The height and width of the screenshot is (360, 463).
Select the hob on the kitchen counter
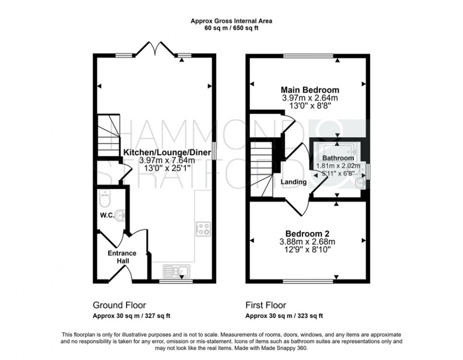click(203, 229)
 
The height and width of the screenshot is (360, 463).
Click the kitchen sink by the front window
click(176, 271)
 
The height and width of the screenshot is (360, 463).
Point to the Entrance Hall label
click(121, 257)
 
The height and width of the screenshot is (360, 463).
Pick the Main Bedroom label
click(310, 90)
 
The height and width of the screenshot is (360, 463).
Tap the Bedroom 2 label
click(307, 233)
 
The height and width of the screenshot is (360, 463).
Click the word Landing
click(293, 182)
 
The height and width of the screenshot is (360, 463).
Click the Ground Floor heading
click(119, 305)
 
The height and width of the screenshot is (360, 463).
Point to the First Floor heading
click(266, 305)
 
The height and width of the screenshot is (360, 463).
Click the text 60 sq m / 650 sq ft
click(231, 28)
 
